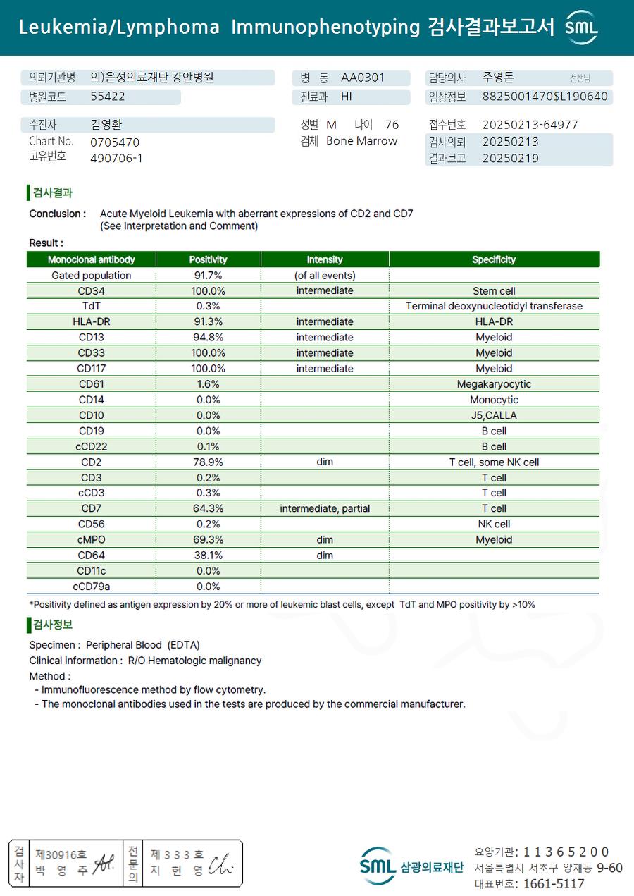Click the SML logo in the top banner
point(582,27)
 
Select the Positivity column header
point(208,259)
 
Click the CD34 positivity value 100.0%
point(208,290)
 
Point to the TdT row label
point(91,306)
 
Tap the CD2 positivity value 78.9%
point(208,462)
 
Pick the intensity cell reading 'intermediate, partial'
point(325,508)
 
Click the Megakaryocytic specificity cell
point(494,384)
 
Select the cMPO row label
point(91,539)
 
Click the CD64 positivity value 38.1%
point(208,555)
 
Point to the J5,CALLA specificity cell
point(494,415)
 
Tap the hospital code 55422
point(108,97)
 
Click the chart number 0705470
point(115,142)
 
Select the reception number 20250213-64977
point(530,125)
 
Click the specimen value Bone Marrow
point(361,141)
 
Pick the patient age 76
point(392,125)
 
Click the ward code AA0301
point(363,78)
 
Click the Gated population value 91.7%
point(208,275)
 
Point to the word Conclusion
point(57,214)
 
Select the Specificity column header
point(494,259)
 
